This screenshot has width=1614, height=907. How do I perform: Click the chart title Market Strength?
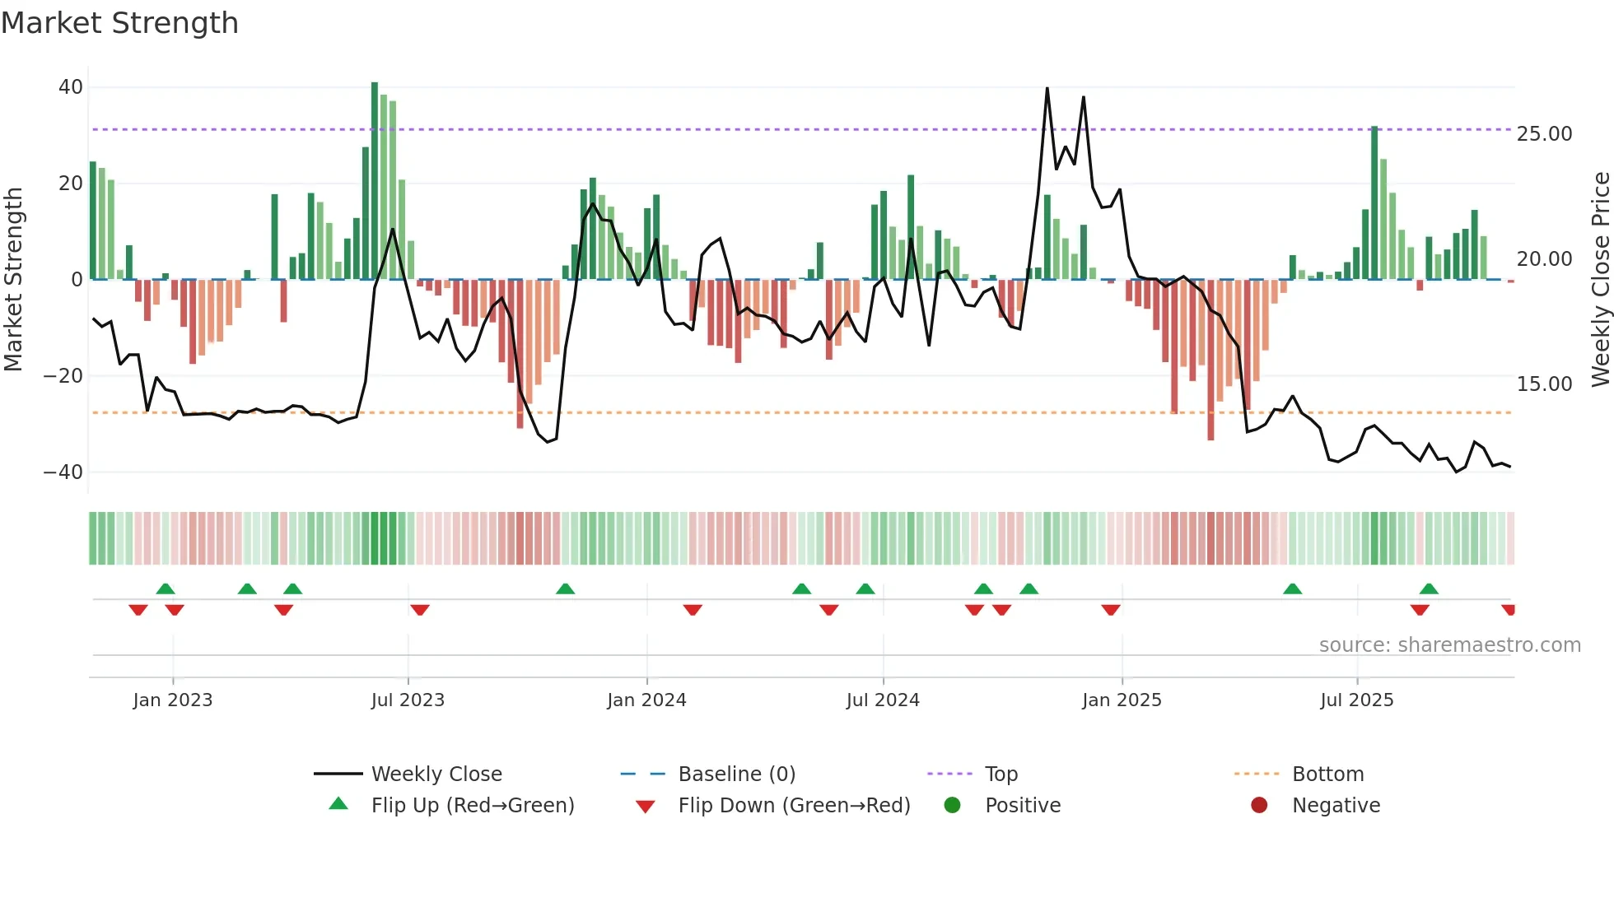119,23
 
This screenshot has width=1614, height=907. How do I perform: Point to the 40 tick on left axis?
71,87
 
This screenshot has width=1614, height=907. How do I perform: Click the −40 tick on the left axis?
63,472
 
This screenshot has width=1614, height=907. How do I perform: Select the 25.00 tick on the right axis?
1544,134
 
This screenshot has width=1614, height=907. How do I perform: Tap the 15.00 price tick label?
1544,384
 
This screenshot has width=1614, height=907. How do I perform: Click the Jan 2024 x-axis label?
646,700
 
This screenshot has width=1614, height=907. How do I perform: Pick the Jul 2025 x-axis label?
1356,700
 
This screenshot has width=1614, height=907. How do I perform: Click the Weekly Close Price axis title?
1600,280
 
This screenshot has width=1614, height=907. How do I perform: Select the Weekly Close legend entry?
436,774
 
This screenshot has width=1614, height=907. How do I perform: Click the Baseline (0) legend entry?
736,774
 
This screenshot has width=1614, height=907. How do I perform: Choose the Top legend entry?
1001,774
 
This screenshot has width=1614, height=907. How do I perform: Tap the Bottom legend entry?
1327,774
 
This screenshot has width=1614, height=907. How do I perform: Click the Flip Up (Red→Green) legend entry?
472,806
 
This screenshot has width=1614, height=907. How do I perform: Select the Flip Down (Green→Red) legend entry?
794,806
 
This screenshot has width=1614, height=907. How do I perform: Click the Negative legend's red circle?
1259,806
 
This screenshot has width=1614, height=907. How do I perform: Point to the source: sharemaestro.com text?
1449,645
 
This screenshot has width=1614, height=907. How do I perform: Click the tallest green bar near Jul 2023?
375,181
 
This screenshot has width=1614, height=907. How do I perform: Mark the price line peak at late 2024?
1047,89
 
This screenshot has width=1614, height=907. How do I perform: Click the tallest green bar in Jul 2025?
1374,202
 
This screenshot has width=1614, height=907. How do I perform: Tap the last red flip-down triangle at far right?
1509,610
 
